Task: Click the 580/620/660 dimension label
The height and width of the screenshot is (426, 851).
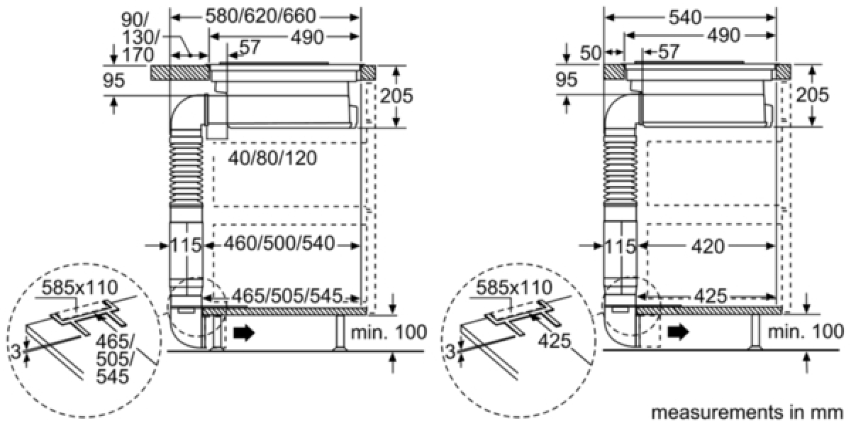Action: pyautogui.click(x=261, y=16)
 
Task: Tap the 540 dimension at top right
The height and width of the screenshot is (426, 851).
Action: pyautogui.click(x=684, y=17)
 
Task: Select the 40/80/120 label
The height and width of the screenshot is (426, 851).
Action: pyautogui.click(x=272, y=158)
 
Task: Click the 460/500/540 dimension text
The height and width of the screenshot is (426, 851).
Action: pyautogui.click(x=279, y=244)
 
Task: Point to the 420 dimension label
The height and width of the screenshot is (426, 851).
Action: pyautogui.click(x=708, y=247)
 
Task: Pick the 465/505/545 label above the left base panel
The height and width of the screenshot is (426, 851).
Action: pyautogui.click(x=287, y=296)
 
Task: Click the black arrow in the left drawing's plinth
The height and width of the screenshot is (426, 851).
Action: pyautogui.click(x=244, y=333)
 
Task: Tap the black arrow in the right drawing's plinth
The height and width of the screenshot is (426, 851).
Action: pyautogui.click(x=678, y=333)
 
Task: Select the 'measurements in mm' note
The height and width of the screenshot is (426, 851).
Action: pyautogui.click(x=747, y=413)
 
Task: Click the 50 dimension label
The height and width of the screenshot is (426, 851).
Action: pyautogui.click(x=591, y=53)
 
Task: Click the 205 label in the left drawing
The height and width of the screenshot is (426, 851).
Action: pyautogui.click(x=396, y=95)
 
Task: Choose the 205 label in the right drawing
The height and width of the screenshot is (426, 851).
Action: pyautogui.click(x=812, y=94)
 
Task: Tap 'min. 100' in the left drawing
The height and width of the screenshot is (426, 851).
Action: pyautogui.click(x=389, y=332)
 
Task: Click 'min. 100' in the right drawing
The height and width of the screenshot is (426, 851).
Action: pyautogui.click(x=806, y=332)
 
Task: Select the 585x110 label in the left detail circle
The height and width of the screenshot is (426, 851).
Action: pyautogui.click(x=79, y=288)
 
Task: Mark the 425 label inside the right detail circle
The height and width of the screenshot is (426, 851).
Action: pyautogui.click(x=555, y=341)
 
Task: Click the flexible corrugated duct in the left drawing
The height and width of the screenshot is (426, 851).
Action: pyautogui.click(x=186, y=168)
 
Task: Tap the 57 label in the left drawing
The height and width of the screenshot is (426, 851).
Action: pyautogui.click(x=250, y=48)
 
